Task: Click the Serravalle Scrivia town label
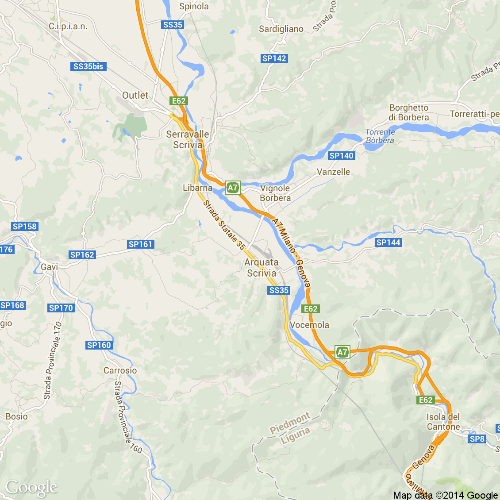[x=188, y=139]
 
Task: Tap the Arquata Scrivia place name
[x=262, y=268]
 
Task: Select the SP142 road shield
[x=274, y=58]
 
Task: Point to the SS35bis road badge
[x=88, y=66]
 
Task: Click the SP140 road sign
[x=342, y=156]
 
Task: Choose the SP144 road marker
[x=388, y=242]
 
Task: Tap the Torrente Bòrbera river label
[x=380, y=136]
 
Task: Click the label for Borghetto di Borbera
[x=409, y=113]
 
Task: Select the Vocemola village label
[x=310, y=325]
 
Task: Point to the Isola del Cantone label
[x=443, y=422]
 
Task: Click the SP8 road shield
[x=477, y=439]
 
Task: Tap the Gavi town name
[x=49, y=267]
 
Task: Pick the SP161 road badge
[x=140, y=244]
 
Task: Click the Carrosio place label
[x=120, y=370]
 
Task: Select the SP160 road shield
[x=99, y=345]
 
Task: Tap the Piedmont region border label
[x=290, y=423]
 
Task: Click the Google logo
[x=31, y=488]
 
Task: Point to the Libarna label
[x=197, y=188]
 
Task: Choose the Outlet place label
[x=135, y=95]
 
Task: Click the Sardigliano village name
[x=281, y=29]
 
